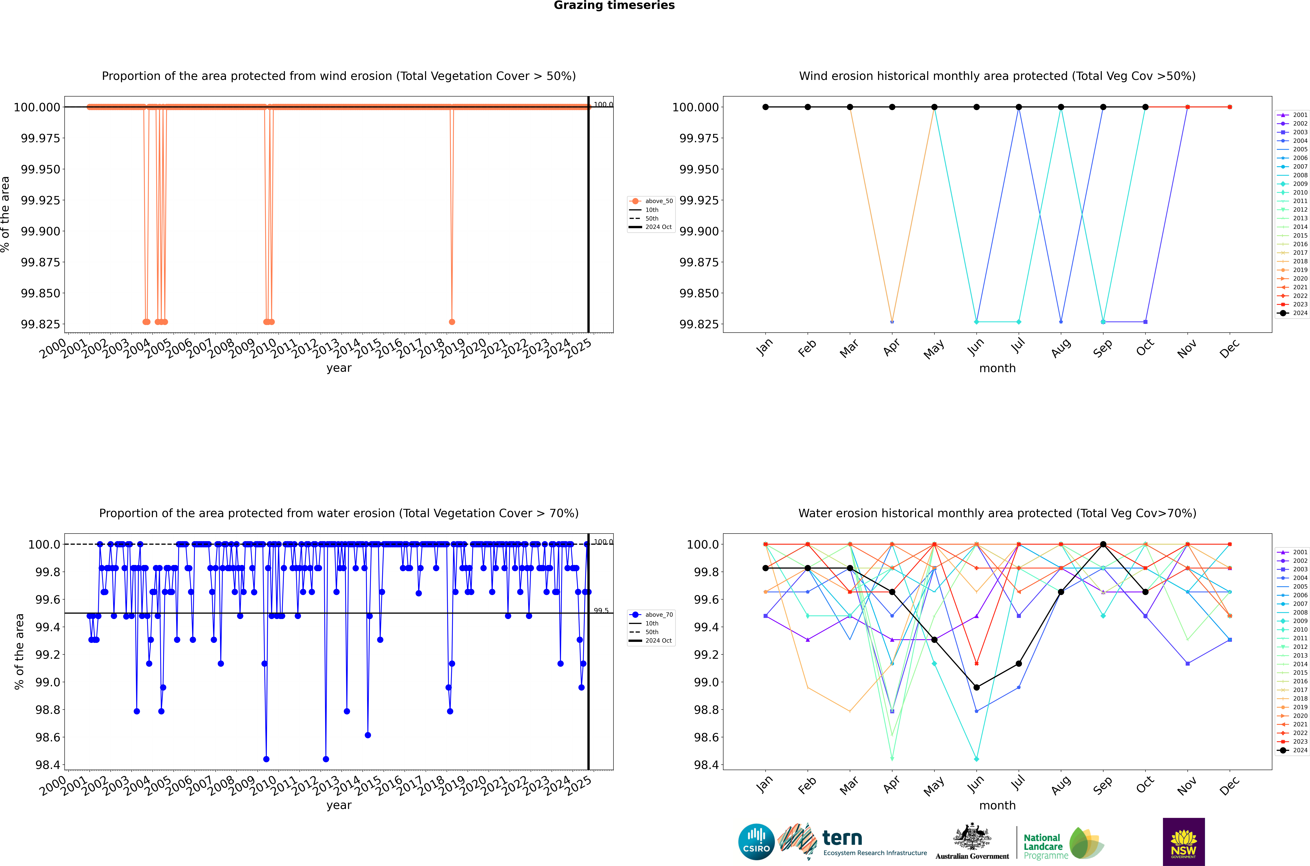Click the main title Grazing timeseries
pyautogui.click(x=614, y=5)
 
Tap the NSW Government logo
pyautogui.click(x=1184, y=842)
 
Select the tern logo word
pyautogui.click(x=842, y=838)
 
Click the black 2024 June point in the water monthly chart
pyautogui.click(x=977, y=688)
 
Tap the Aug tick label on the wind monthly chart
pyautogui.click(x=1061, y=349)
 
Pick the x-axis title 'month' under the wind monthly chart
pyautogui.click(x=997, y=368)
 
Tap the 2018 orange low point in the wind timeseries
pyautogui.click(x=452, y=322)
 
